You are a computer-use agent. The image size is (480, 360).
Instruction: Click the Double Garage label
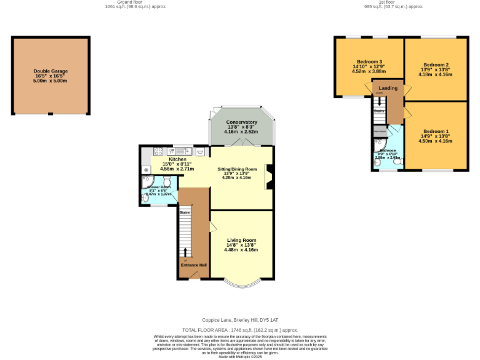point(50,71)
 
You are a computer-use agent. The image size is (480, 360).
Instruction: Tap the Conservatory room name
point(241,122)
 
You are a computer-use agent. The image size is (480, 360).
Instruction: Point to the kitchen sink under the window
point(184,151)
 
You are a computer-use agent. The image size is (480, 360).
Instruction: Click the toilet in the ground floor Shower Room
point(166,182)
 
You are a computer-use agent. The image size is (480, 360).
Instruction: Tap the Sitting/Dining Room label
point(237,169)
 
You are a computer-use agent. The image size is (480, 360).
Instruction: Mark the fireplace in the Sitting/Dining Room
point(269,176)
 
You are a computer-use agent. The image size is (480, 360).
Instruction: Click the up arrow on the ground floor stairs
point(185,252)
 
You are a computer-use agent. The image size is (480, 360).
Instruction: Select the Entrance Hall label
point(193,265)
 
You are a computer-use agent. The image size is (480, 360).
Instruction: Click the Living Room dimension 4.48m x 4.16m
point(241,250)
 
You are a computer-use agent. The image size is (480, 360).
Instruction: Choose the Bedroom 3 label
point(369,62)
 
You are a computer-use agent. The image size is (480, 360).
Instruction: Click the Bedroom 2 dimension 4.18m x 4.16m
point(436,74)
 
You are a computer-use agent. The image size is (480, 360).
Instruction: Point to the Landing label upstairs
point(388,88)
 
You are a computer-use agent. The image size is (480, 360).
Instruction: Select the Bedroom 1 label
point(436,131)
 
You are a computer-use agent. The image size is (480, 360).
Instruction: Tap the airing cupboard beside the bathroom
point(379,131)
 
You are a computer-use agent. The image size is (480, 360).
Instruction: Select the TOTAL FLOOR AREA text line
point(240,329)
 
